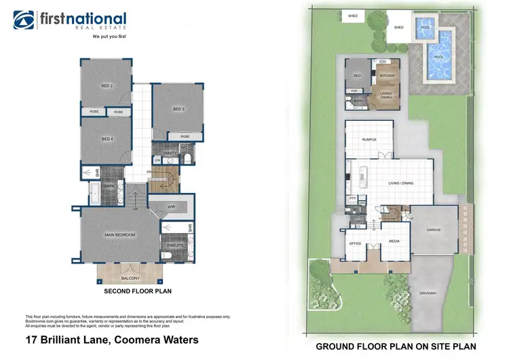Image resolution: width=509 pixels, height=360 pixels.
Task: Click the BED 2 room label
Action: point(107,86)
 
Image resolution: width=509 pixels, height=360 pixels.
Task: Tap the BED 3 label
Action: point(178,109)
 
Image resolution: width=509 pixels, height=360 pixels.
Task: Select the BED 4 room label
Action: point(107,139)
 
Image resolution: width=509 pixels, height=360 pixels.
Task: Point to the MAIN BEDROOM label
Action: point(120,234)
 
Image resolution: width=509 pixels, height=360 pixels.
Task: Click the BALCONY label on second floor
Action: point(130,278)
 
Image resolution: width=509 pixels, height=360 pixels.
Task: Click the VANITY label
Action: point(170,154)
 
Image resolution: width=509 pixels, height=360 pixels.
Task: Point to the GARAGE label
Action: point(434,230)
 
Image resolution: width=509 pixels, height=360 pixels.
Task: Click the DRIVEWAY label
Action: point(429,293)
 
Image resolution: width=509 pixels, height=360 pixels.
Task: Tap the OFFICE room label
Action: point(355,242)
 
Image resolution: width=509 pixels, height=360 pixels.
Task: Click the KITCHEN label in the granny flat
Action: point(387,75)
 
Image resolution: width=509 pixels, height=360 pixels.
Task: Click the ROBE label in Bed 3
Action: point(185,137)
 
